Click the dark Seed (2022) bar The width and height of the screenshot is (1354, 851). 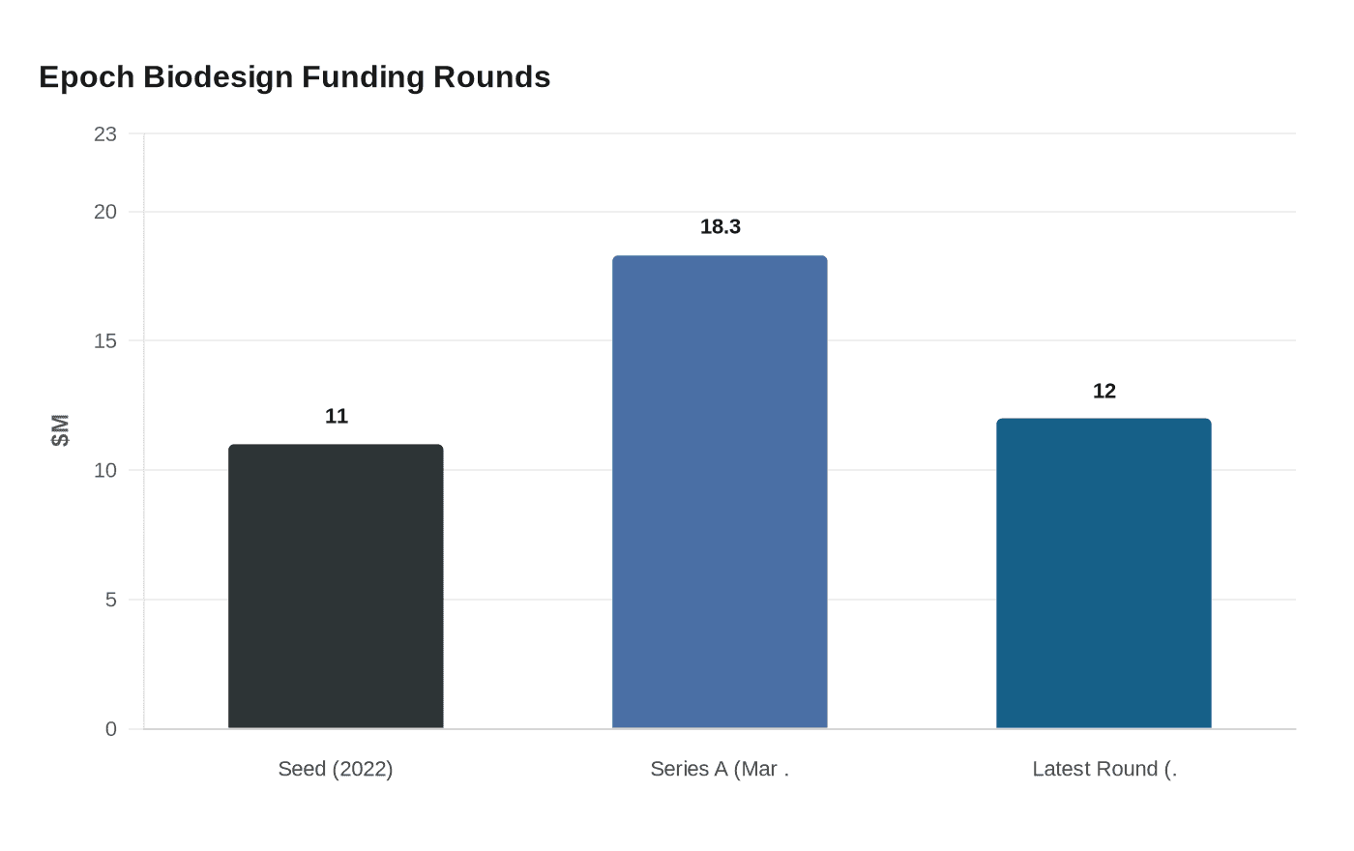click(336, 586)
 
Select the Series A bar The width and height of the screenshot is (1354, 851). click(720, 492)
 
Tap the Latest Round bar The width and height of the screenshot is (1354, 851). click(1104, 573)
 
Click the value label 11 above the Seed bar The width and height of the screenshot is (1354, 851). click(337, 416)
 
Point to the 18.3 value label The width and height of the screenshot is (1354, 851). click(721, 226)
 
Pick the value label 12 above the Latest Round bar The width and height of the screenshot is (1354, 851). click(1104, 391)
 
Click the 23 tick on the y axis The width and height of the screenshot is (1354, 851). click(105, 134)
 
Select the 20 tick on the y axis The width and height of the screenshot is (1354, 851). click(105, 212)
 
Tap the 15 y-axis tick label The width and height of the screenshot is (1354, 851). click(105, 341)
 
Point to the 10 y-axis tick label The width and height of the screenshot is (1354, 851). click(105, 471)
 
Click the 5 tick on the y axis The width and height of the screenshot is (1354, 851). click(111, 600)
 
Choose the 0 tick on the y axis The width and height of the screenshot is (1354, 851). click(111, 729)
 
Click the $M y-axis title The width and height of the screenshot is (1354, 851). click(61, 430)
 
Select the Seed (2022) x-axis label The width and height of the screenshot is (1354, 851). click(336, 769)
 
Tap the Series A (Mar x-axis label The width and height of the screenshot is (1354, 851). click(720, 769)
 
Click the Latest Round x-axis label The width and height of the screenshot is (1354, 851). click(1104, 769)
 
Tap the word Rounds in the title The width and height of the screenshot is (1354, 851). click(492, 77)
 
